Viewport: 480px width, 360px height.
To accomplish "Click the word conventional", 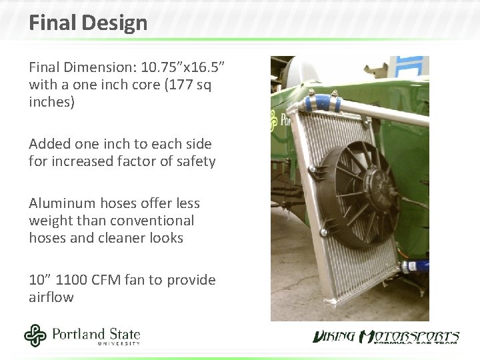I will coord(153,220).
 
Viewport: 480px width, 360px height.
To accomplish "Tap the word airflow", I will coord(51,297).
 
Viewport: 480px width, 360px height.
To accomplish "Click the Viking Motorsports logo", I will coord(386,337).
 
